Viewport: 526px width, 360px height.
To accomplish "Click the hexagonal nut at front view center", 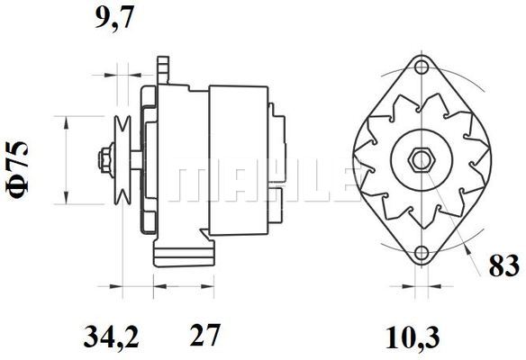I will point(421,161).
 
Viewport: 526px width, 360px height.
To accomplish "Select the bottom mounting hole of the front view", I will point(421,254).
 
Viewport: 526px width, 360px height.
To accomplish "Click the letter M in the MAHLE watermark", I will point(194,183).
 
